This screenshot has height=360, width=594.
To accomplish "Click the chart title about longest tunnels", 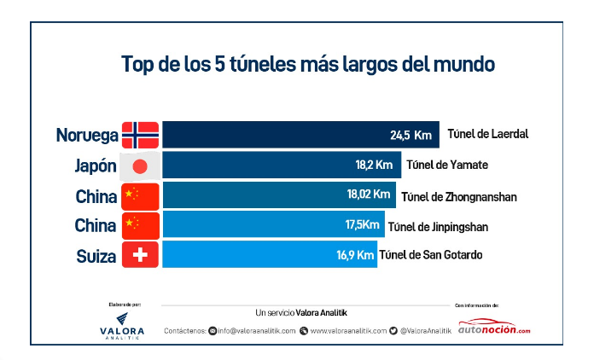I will (308, 64).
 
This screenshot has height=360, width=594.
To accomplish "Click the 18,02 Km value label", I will (369, 195).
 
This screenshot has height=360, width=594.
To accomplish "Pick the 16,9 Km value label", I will (354, 254).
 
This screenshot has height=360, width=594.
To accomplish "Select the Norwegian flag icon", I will (140, 135).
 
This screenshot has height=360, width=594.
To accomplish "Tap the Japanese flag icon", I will (140, 165).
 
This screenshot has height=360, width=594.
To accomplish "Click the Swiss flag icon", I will (140, 255).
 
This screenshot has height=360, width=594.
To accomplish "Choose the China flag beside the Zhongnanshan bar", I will (140, 195).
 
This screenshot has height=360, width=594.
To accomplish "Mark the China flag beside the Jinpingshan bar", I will (140, 225).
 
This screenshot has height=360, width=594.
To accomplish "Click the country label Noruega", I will (86, 136).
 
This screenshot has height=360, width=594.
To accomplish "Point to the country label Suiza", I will (95, 256).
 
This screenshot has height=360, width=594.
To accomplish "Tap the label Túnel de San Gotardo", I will (431, 254).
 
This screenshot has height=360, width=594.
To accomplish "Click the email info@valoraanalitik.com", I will (257, 330).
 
